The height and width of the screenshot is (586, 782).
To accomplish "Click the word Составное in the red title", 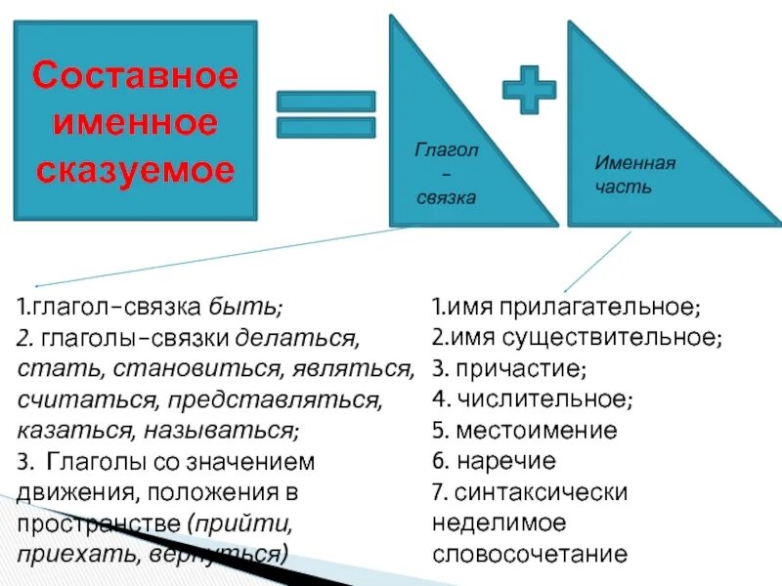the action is click(135, 75).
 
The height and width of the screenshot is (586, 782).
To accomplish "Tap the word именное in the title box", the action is click(135, 123).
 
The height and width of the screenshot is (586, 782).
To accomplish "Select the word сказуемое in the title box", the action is click(135, 171).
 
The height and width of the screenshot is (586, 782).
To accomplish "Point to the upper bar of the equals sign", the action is click(326, 101).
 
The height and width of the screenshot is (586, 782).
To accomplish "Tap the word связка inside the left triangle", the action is click(446, 197).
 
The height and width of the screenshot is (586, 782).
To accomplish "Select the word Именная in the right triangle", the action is click(635, 164).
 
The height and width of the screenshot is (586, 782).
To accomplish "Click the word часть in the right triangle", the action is click(623, 186).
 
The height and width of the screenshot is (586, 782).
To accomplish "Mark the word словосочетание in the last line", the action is click(529, 554).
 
